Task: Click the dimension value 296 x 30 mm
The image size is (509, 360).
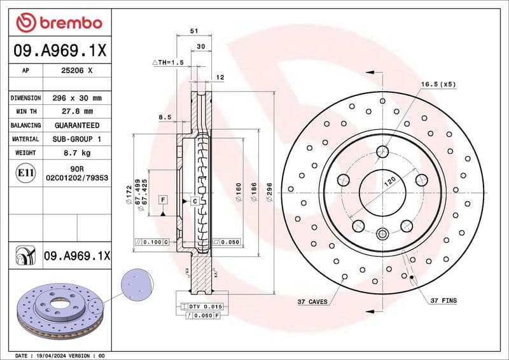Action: (76, 98)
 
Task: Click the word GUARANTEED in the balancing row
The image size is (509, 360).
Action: (76, 125)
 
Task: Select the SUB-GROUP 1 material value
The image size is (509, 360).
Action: (76, 139)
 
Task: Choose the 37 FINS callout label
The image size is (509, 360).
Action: (443, 300)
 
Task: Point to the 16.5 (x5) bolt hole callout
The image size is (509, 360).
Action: (438, 84)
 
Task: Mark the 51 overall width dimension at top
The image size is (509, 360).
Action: (193, 30)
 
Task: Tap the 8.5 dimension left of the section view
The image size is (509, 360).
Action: (164, 117)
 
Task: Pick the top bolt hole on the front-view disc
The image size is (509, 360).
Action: (382, 151)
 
